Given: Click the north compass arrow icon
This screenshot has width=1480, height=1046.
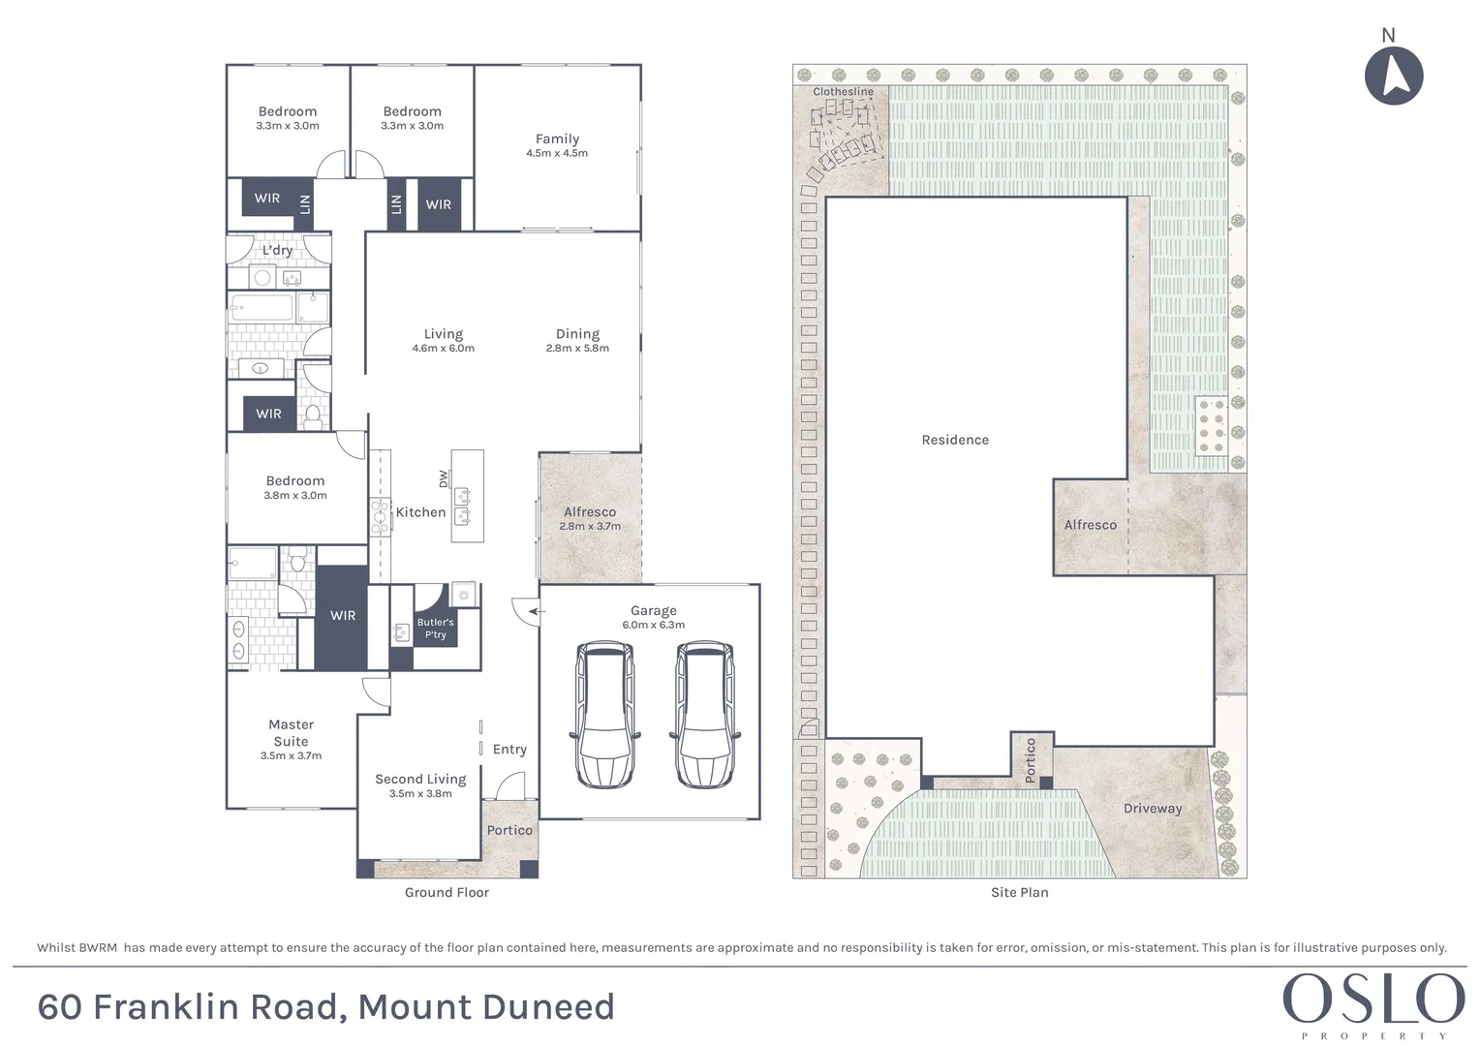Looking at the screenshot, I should [x=1394, y=75].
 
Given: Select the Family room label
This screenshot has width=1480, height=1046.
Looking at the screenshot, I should [x=557, y=138].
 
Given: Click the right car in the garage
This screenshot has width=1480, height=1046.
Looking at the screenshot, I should [x=704, y=714].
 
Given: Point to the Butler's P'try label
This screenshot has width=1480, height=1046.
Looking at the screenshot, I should [x=435, y=629].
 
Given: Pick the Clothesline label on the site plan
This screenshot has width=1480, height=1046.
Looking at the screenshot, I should [x=843, y=92].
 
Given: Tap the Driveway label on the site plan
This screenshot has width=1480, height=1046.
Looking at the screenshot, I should [x=1152, y=809].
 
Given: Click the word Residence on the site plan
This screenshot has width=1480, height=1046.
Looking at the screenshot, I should [x=955, y=440].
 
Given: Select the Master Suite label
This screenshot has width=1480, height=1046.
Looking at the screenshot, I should [x=291, y=732].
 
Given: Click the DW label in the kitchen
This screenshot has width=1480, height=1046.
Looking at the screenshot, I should [x=444, y=478].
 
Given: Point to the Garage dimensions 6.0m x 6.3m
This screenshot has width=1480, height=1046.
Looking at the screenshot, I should [x=653, y=625].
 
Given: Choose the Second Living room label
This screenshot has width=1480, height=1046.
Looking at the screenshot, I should [x=420, y=779].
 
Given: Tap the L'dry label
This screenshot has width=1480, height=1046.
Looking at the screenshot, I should [x=277, y=250].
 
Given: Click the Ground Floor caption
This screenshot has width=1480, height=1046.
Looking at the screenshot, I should [x=447, y=893].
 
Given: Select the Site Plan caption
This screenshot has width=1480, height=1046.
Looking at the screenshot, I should [x=1019, y=893].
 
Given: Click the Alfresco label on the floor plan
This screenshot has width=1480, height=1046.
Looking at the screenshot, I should [x=589, y=511].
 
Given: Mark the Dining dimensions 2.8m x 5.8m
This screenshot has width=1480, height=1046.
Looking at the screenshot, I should [x=577, y=349].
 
